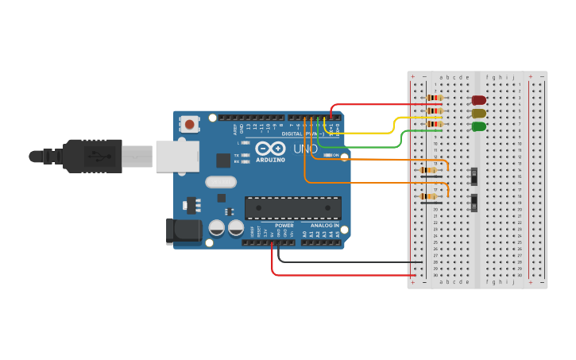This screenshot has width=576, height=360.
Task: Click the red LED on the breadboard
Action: pos(478,100)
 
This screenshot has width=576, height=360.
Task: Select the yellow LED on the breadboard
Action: pos(478,114)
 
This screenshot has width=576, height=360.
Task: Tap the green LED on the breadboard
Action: pos(478,126)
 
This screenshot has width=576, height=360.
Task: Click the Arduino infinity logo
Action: pos(270,149)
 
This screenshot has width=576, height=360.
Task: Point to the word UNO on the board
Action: pos(306,149)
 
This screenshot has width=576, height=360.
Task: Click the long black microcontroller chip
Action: pos(292,207)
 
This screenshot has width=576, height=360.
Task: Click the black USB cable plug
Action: pos(96,156)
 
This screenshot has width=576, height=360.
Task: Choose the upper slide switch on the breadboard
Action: pos(474,176)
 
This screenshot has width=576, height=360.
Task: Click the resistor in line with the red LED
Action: pos(434,98)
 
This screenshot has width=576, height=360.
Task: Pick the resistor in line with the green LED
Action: pos(434,124)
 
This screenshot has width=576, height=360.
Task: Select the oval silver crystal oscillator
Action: pos(220,182)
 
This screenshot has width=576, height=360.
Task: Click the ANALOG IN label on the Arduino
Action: pos(324,226)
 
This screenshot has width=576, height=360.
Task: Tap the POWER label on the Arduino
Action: pos(284,226)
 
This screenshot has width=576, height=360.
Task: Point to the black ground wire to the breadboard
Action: pos(350,261)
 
